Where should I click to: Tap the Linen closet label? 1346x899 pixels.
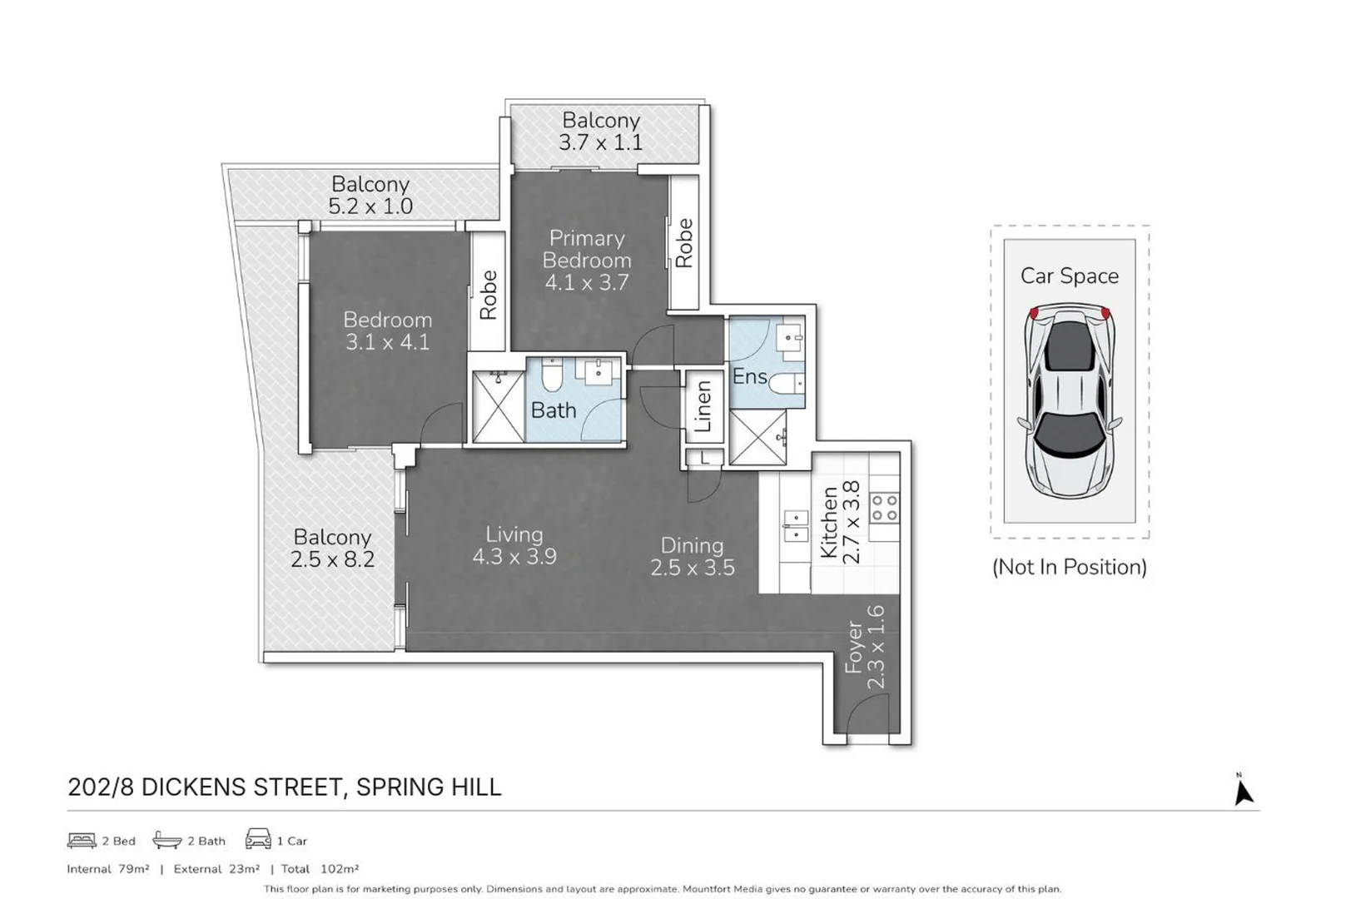point(703,406)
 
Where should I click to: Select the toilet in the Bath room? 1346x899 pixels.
point(552,376)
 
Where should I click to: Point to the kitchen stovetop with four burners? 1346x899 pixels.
point(884,508)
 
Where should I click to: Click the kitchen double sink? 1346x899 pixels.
point(796,526)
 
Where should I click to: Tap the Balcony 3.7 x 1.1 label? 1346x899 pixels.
point(600,132)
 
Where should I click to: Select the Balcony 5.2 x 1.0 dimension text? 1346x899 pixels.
point(370,206)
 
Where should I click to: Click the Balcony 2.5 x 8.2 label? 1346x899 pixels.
point(332,548)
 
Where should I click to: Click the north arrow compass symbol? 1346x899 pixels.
point(1243,791)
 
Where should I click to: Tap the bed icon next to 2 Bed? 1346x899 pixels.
point(82,840)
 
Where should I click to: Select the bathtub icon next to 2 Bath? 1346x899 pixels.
point(167,840)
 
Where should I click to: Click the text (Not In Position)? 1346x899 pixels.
point(1069,567)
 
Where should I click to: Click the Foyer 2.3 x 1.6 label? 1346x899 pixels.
point(864,648)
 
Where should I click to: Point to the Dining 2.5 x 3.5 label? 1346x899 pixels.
point(692,556)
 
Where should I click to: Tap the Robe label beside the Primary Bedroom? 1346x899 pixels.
point(684,242)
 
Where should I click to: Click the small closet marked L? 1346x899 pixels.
point(704,457)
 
